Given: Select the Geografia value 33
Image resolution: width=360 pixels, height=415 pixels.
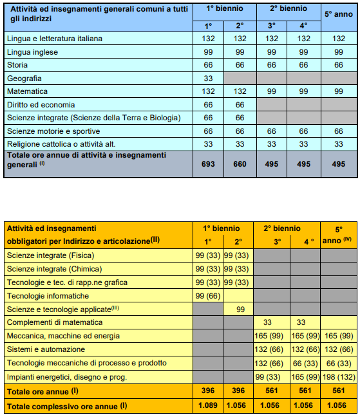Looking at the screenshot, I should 208,78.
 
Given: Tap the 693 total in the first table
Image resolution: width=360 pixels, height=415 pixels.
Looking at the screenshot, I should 208,164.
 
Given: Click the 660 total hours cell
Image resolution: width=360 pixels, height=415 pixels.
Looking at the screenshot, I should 240,164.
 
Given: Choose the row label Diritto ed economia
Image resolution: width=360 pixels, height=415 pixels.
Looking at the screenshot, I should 41,104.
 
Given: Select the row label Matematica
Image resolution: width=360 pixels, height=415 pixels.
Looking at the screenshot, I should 28,91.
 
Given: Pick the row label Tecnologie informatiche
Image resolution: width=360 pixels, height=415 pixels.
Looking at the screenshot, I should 48,295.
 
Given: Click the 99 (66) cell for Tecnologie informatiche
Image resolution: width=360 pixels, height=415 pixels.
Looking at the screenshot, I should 208,295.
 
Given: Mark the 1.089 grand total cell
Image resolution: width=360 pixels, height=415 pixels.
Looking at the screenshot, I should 208,406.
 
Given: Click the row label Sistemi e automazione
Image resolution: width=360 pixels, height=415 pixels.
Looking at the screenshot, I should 46,349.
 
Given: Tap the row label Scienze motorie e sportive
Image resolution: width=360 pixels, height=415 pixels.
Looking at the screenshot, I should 50,131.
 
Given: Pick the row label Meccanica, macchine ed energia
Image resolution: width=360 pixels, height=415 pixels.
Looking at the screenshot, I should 63,336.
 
